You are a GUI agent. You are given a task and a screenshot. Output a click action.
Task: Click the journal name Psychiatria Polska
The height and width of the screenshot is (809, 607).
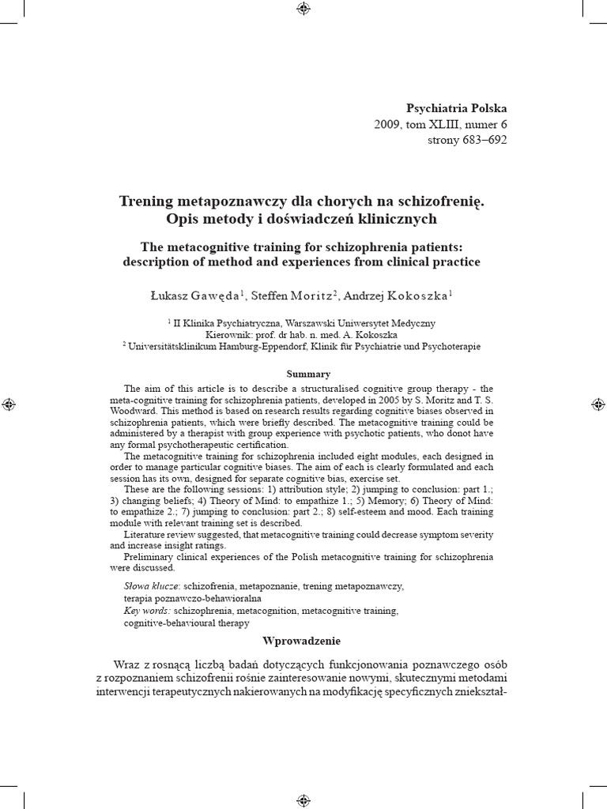click(x=456, y=108)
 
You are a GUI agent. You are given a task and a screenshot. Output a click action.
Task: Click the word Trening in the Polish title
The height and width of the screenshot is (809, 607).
click(x=150, y=201)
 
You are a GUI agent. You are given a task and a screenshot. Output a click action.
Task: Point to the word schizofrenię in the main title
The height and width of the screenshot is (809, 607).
click(x=443, y=201)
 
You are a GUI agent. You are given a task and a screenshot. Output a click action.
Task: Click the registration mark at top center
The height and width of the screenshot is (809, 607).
click(x=303, y=9)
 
